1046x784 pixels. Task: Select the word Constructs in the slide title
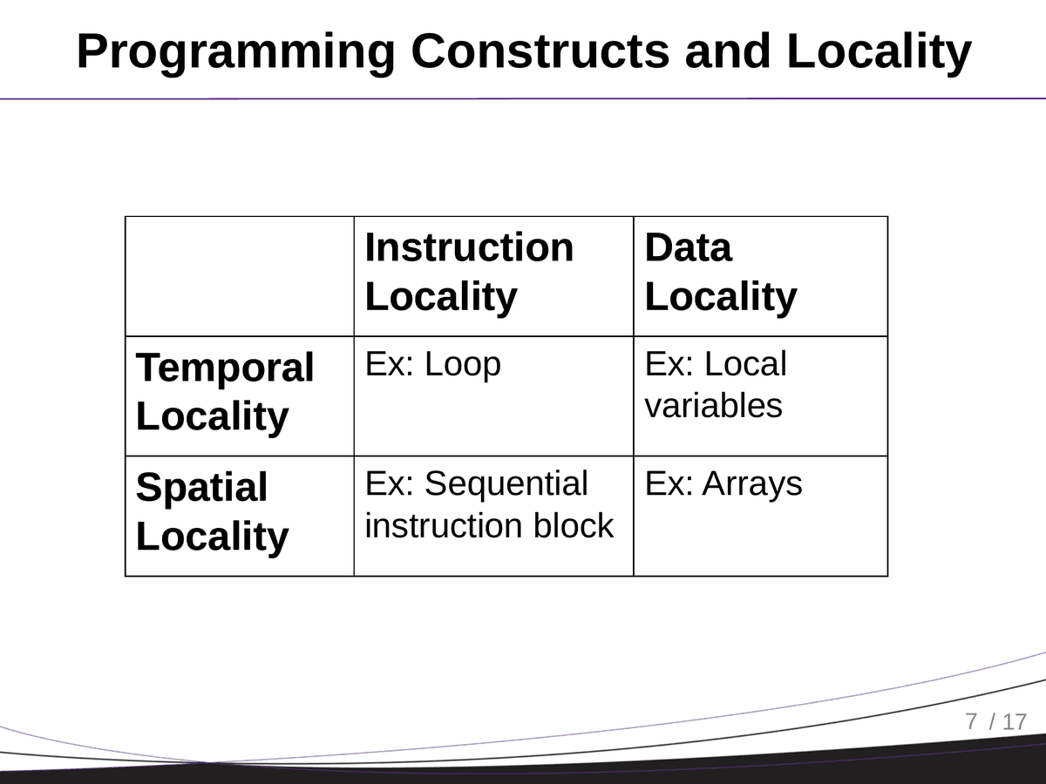click(x=540, y=52)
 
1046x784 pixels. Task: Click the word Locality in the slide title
click(x=879, y=52)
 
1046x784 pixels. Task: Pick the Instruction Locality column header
click(x=469, y=272)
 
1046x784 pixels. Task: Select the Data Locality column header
click(x=720, y=272)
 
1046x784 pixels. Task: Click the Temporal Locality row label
click(x=225, y=392)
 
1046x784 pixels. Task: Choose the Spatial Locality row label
click(x=212, y=511)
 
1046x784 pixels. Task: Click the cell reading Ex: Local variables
click(x=715, y=385)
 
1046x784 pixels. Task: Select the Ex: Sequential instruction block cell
click(x=488, y=505)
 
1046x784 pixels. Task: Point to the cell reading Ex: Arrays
click(x=723, y=484)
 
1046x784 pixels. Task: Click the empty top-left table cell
click(x=240, y=276)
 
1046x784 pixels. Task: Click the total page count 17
click(x=1015, y=722)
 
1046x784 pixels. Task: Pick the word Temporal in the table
click(x=225, y=368)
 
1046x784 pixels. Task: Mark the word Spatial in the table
click(x=201, y=488)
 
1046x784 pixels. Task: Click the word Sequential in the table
click(x=506, y=484)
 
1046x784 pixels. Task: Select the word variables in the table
click(x=713, y=406)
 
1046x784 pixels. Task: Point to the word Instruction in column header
click(x=469, y=247)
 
